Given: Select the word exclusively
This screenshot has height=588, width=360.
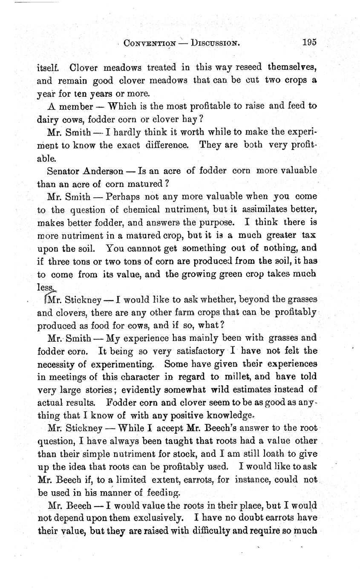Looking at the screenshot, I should (x=158, y=519).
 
